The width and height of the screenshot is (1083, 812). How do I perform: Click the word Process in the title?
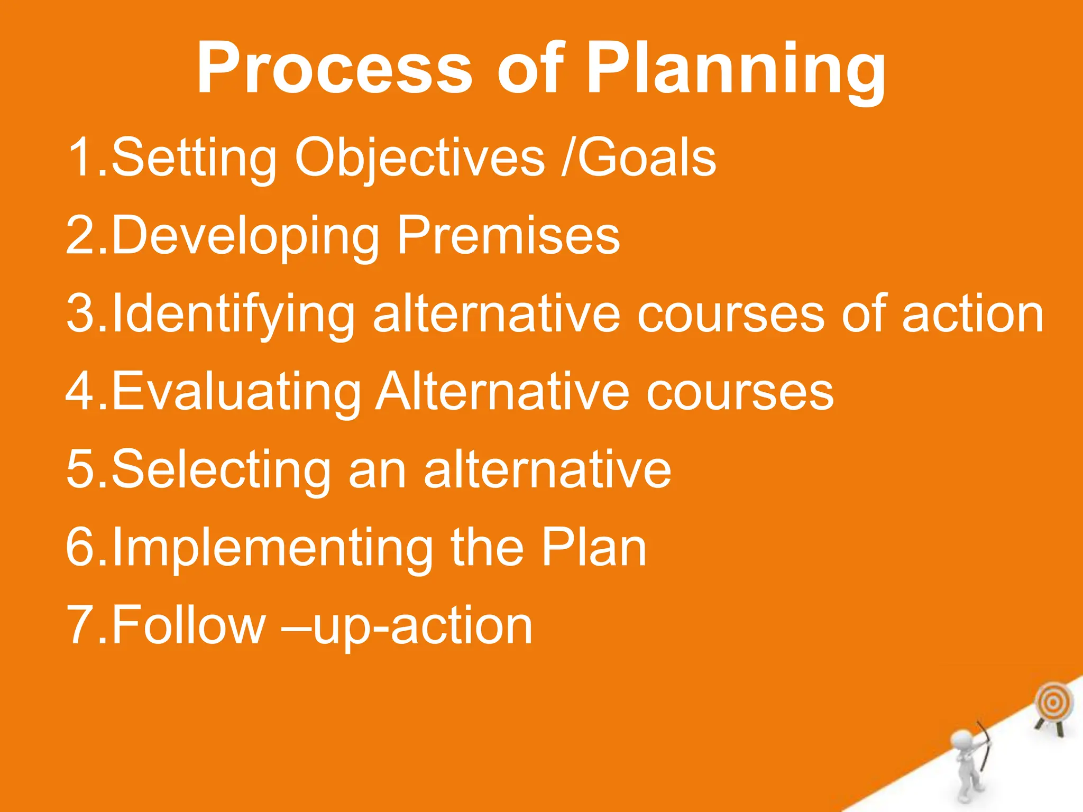pyautogui.click(x=334, y=69)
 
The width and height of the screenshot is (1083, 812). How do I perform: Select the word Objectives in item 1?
pyautogui.click(x=419, y=158)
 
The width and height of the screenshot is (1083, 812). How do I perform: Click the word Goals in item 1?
pyautogui.click(x=646, y=157)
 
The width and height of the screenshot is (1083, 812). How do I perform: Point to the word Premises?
pyautogui.click(x=508, y=235)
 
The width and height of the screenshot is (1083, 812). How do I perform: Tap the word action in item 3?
pyautogui.click(x=972, y=314)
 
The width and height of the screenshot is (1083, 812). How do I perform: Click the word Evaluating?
pyautogui.click(x=236, y=392)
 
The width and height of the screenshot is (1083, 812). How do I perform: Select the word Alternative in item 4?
pyautogui.click(x=502, y=392)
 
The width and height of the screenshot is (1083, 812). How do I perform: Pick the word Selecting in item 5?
pyautogui.click(x=221, y=470)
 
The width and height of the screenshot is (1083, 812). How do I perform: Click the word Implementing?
pyautogui.click(x=272, y=548)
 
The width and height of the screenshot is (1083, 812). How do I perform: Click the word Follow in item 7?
pyautogui.click(x=188, y=625)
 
